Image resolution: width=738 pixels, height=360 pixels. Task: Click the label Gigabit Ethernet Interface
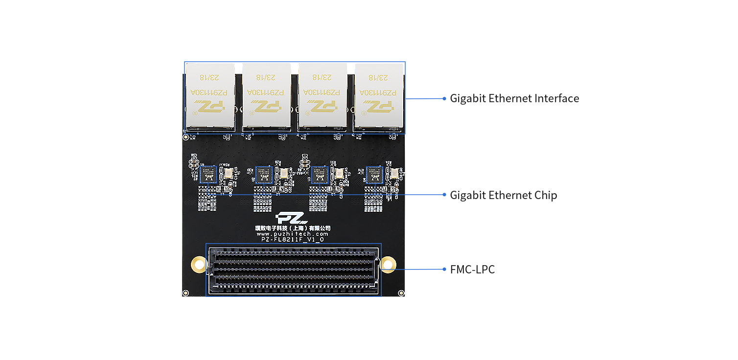pos(514,98)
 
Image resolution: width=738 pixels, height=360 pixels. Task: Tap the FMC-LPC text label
pos(472,270)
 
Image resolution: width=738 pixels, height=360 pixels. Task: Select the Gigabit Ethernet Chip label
pos(503,195)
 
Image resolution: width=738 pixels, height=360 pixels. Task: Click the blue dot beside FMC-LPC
pos(444,270)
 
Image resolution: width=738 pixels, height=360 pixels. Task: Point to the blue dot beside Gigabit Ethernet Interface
pos(444,98)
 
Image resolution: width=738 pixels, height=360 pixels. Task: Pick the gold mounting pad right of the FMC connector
pos(389,265)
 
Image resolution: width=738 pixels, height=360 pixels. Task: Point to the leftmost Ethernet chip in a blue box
pos(208,174)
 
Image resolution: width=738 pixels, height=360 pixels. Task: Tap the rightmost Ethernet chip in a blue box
pos(374,174)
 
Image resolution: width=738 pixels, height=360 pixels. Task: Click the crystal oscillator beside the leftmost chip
pos(228,173)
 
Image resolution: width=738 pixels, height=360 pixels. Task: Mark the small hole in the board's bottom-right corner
pos(401,293)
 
